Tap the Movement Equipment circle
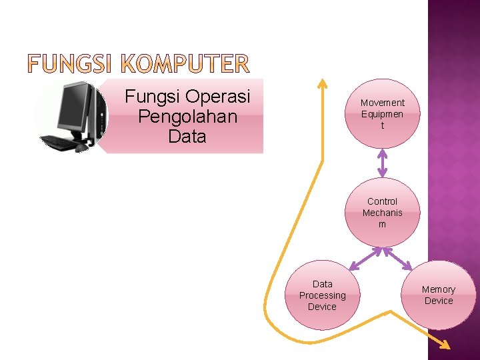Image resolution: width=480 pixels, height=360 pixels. [x=382, y=113]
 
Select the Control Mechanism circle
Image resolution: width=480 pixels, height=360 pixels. [x=382, y=212]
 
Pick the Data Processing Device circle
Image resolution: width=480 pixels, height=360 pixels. [x=322, y=295]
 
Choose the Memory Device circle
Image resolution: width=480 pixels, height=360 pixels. [x=439, y=295]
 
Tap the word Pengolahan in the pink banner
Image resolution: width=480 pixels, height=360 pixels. [x=187, y=117]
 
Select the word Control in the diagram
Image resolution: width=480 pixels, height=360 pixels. [x=382, y=201]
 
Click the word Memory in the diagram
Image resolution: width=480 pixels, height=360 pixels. [x=439, y=289]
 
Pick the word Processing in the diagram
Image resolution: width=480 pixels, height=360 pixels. [x=322, y=295]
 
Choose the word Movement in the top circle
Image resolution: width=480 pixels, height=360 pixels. [x=382, y=103]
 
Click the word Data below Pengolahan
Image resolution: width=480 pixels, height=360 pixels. [x=187, y=137]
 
